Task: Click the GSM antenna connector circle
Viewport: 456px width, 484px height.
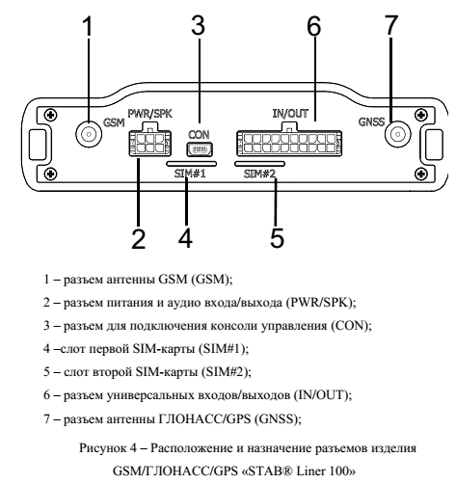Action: [89, 134]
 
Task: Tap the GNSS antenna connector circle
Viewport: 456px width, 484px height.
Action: [398, 134]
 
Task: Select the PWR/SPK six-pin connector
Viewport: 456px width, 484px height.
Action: [149, 142]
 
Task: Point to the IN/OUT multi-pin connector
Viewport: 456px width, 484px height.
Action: [289, 142]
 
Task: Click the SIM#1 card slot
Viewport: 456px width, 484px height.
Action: [191, 164]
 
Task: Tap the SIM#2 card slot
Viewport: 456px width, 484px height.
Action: [259, 164]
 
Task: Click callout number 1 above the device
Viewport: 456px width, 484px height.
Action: [88, 26]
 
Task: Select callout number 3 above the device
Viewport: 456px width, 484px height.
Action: [198, 25]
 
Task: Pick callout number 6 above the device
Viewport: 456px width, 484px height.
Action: [313, 26]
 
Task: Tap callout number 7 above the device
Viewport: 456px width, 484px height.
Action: [391, 25]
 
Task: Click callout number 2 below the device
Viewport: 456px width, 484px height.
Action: [138, 239]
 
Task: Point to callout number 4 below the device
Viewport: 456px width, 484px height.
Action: [186, 238]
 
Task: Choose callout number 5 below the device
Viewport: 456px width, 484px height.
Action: [277, 238]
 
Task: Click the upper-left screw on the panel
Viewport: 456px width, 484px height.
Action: [51, 115]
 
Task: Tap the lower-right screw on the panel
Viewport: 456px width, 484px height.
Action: [421, 174]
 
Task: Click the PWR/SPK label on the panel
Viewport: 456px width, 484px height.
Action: [150, 114]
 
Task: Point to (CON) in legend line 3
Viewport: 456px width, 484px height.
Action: [351, 326]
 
